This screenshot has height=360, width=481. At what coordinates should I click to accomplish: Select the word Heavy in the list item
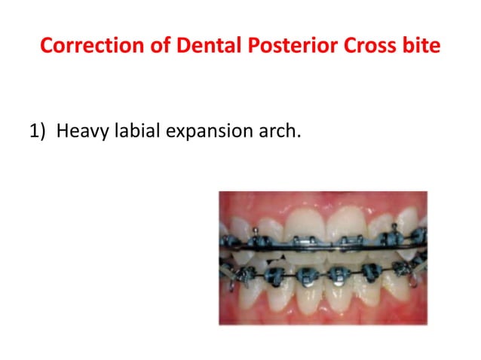(81, 133)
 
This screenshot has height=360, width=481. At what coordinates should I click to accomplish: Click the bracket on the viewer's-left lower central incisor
(311, 273)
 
